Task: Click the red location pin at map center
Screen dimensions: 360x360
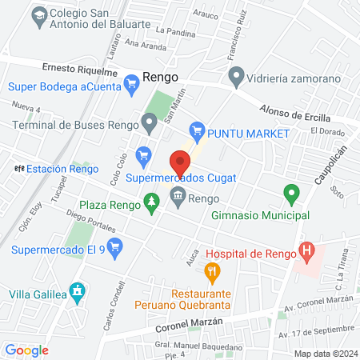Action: tap(180, 164)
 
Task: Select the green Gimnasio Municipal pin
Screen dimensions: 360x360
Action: tap(291, 194)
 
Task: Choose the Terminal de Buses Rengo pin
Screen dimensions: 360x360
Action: tap(148, 123)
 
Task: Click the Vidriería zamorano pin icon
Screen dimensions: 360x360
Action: tap(236, 77)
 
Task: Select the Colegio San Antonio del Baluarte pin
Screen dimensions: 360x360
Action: tap(37, 14)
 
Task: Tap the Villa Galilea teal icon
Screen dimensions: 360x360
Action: tap(76, 292)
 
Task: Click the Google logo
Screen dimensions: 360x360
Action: tap(26, 350)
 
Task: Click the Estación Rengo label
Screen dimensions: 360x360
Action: tap(62, 169)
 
